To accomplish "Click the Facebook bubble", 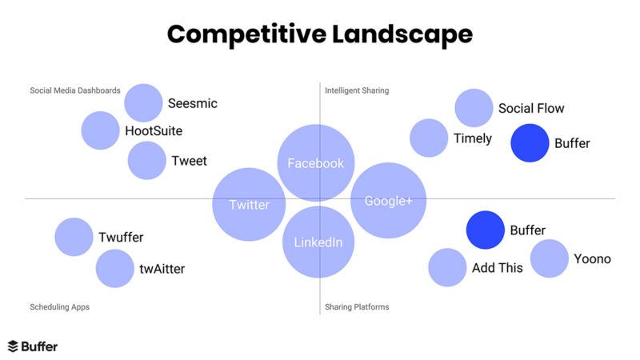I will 316,163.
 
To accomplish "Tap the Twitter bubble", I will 249,204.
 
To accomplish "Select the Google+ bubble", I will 388,200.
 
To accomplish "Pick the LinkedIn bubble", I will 318,242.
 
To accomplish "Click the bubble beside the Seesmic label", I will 144,103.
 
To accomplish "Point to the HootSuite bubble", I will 101,130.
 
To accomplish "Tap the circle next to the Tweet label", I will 147,160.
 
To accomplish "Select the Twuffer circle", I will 74,237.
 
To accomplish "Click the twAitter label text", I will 162,269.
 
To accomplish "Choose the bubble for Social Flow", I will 474,109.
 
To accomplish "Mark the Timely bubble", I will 429,138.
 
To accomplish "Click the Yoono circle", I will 550,258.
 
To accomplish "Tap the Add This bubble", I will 447,267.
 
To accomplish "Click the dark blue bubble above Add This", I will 486,230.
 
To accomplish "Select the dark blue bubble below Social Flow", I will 530,143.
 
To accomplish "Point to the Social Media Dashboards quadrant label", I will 75,90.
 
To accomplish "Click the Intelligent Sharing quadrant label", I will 357,90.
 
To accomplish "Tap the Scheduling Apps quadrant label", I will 60,306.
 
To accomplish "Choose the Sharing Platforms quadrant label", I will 357,306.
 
